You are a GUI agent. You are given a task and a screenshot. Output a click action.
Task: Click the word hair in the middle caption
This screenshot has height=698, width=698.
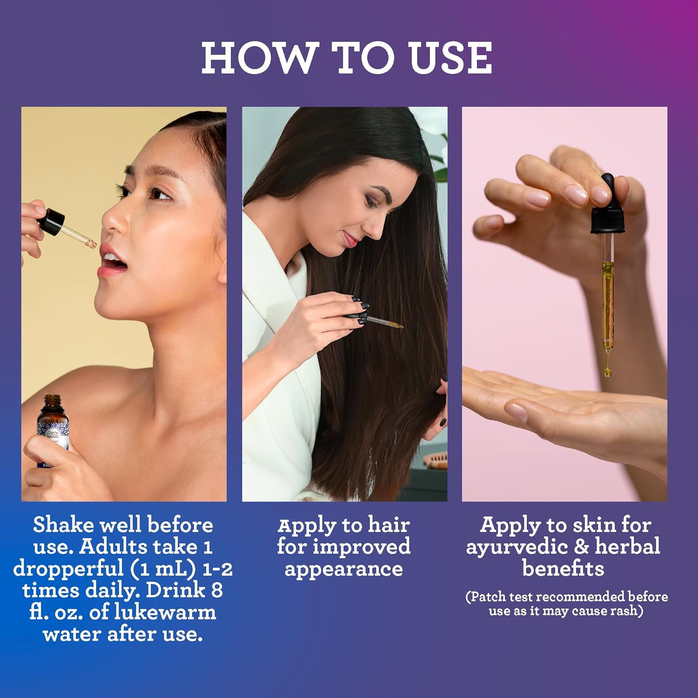tap(389, 525)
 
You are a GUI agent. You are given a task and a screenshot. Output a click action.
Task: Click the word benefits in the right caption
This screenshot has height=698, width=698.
tap(563, 568)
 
